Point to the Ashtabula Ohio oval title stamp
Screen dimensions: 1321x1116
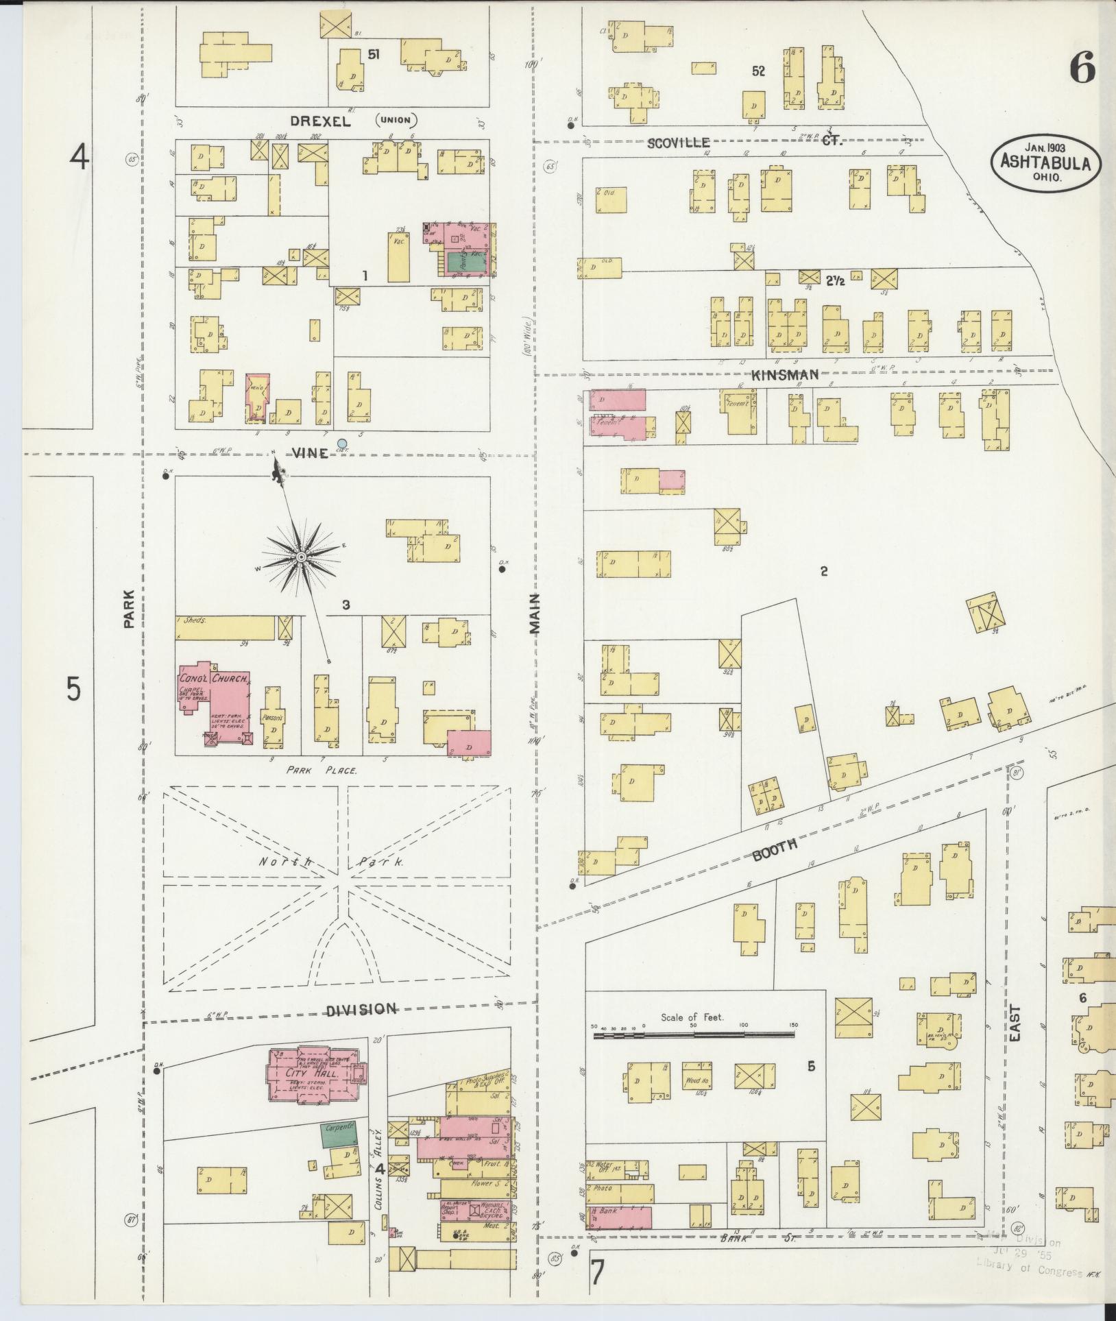coord(1045,162)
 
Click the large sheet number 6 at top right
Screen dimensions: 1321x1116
coord(1082,69)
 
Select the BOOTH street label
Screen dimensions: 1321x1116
coord(775,849)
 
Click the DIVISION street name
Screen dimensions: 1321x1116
coord(361,1009)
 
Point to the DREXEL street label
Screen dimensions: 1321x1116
coord(320,122)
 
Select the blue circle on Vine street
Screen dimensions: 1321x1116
coord(342,444)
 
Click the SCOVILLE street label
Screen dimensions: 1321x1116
coord(678,142)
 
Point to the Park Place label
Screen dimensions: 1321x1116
coord(322,770)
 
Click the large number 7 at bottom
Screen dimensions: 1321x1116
coord(598,1273)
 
